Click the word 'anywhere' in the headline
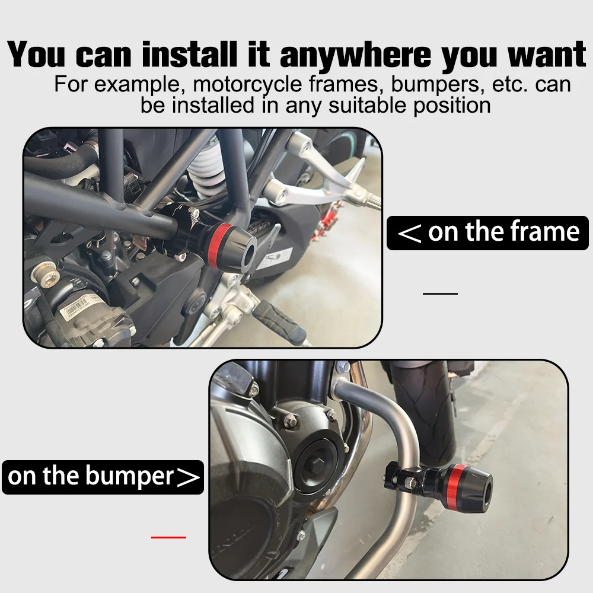[355, 56]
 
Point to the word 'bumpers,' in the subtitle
[438, 85]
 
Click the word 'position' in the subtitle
[452, 106]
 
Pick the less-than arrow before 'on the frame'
[409, 233]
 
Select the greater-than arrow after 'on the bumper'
[188, 478]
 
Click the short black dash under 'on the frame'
[440, 294]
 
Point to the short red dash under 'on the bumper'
[168, 537]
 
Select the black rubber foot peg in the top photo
[279, 322]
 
